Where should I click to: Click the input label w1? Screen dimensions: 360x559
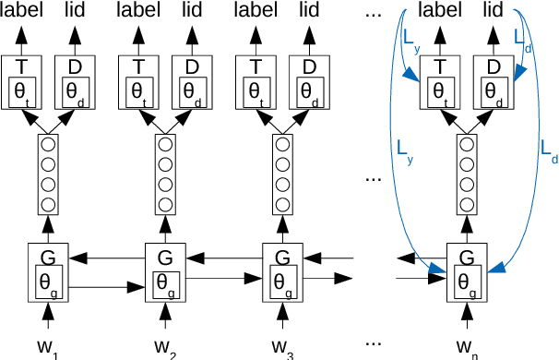tap(49, 348)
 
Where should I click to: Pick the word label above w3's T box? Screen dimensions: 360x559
tap(256, 11)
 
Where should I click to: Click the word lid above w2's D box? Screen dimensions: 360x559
tap(192, 11)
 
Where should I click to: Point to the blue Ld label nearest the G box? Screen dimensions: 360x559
tap(549, 148)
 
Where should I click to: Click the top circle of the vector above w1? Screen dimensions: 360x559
tap(47, 144)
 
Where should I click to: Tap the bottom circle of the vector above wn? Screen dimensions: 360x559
tap(466, 202)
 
